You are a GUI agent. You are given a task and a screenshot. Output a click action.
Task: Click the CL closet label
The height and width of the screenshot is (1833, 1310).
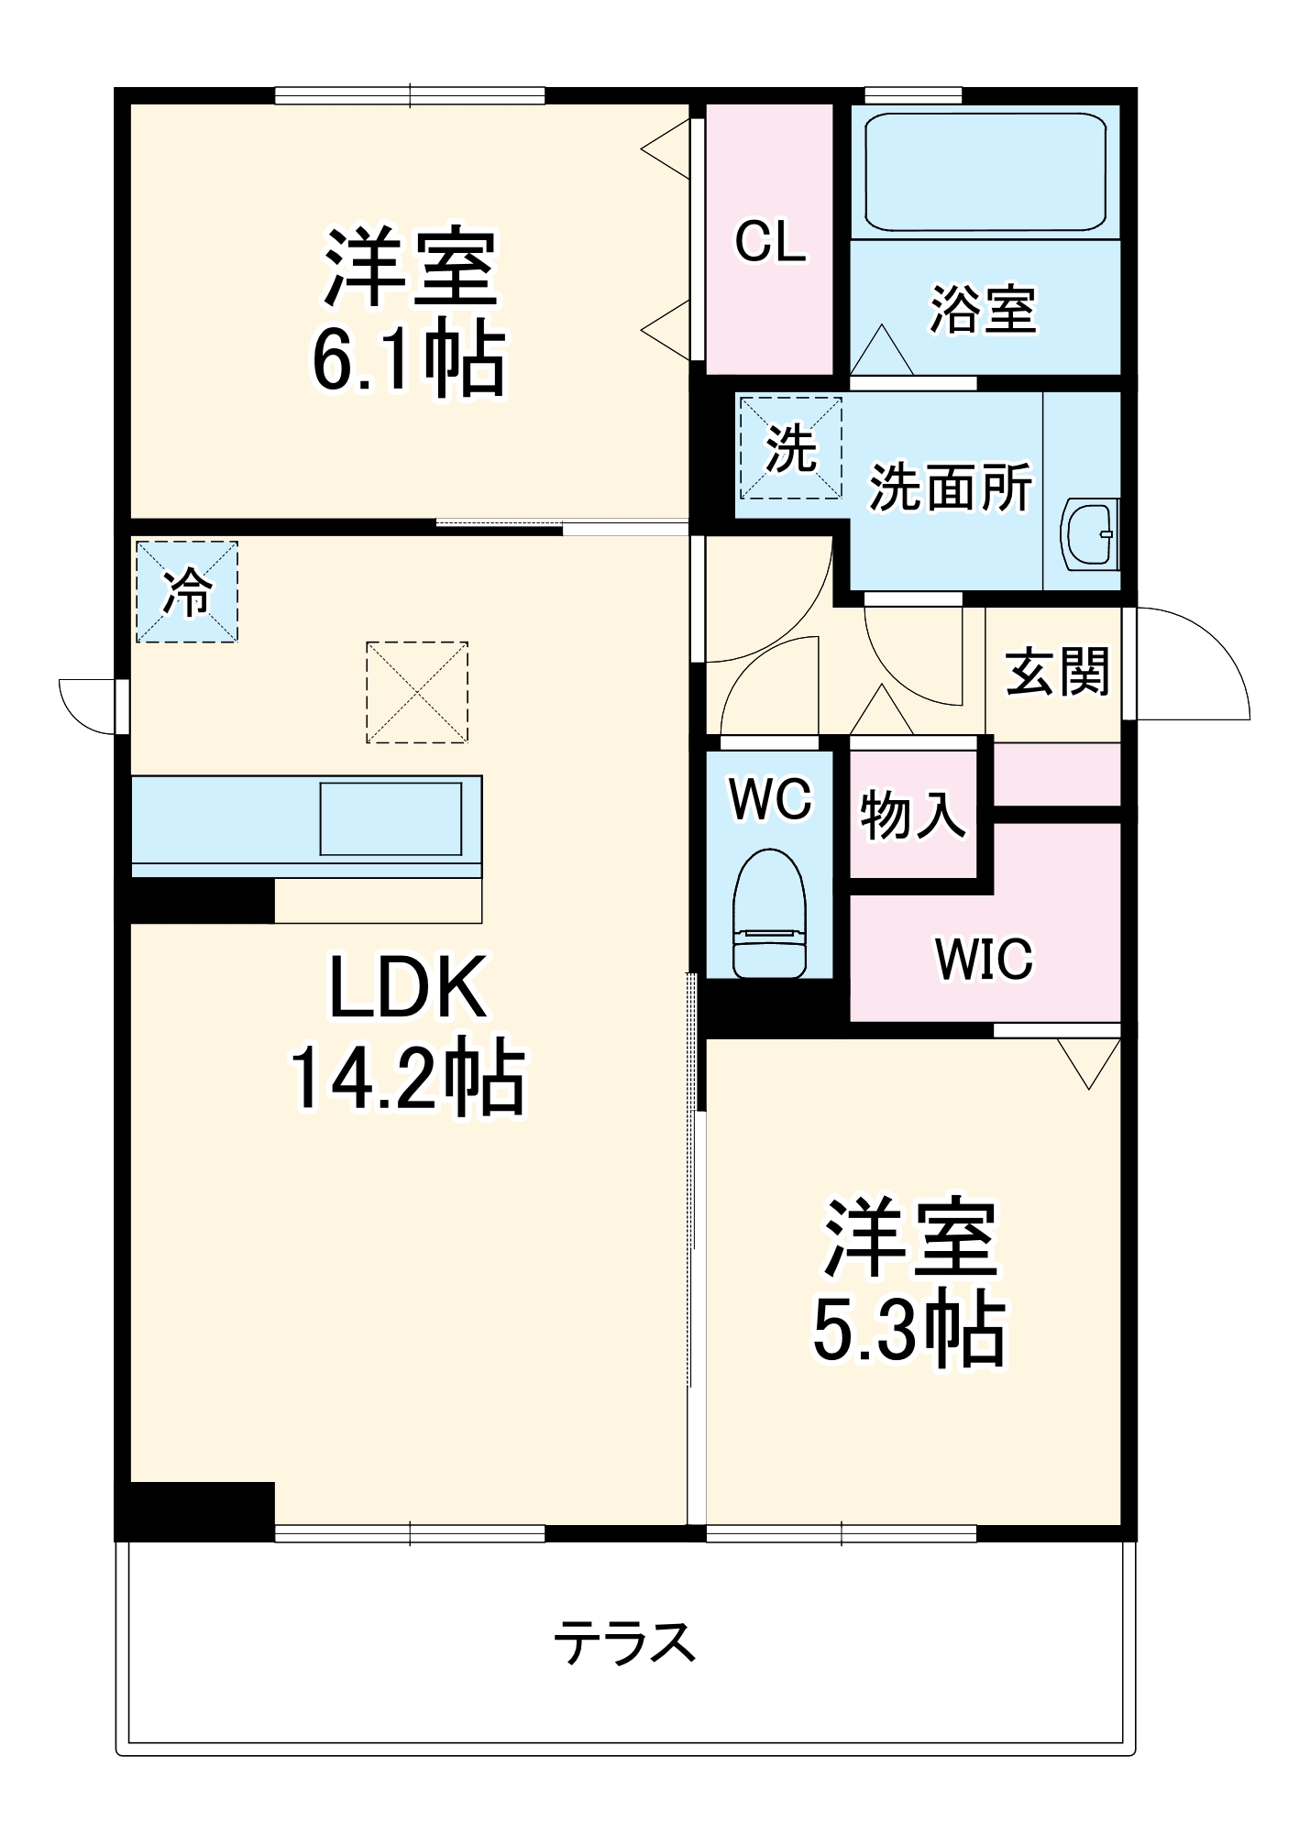(x=770, y=243)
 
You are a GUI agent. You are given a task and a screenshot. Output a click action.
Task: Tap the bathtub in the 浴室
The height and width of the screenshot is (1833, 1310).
(x=985, y=171)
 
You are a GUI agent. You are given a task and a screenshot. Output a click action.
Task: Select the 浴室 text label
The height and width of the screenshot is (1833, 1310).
(x=983, y=309)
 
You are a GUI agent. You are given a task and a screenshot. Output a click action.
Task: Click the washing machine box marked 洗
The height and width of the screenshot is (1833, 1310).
(x=790, y=448)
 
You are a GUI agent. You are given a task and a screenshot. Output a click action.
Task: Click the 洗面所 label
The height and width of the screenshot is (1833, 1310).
(x=950, y=487)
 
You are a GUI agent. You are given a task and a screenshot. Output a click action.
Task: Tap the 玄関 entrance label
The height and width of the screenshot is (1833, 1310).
(x=1057, y=672)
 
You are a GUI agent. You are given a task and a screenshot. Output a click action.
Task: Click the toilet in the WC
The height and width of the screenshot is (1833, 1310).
(x=769, y=914)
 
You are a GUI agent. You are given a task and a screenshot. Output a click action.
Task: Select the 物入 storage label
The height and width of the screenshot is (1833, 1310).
(x=912, y=814)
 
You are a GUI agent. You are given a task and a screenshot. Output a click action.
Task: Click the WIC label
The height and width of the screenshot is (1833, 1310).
(x=984, y=959)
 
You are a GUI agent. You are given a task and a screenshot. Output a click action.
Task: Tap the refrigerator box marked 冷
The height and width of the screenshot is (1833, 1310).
(x=187, y=591)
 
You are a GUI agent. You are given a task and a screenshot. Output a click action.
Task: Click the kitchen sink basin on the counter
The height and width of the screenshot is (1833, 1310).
(x=391, y=818)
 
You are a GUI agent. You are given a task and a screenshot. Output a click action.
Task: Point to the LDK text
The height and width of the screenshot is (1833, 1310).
(x=408, y=988)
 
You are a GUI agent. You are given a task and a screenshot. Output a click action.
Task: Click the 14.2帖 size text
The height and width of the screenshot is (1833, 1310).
(x=408, y=1077)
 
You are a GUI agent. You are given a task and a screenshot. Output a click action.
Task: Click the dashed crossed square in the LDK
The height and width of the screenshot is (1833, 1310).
(x=417, y=692)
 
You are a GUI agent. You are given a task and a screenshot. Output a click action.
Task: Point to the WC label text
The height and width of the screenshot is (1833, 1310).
(x=770, y=798)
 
